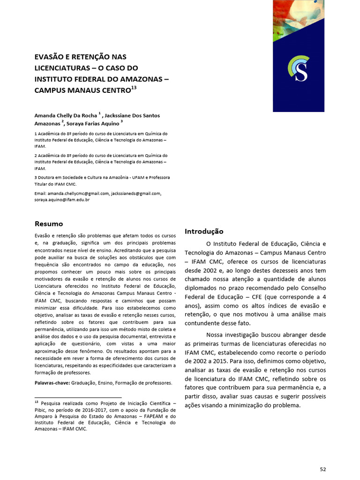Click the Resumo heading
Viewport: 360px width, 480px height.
(x=49, y=224)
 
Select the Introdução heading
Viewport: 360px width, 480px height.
(x=204, y=231)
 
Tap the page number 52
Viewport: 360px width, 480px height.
(x=322, y=469)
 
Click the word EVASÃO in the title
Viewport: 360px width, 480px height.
(x=49, y=57)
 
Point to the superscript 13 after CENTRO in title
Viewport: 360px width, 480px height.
(x=134, y=87)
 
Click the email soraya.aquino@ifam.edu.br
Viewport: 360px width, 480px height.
(x=62, y=200)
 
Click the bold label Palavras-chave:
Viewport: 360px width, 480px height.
(x=52, y=383)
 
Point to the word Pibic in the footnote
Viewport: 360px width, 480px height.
(x=43, y=409)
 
